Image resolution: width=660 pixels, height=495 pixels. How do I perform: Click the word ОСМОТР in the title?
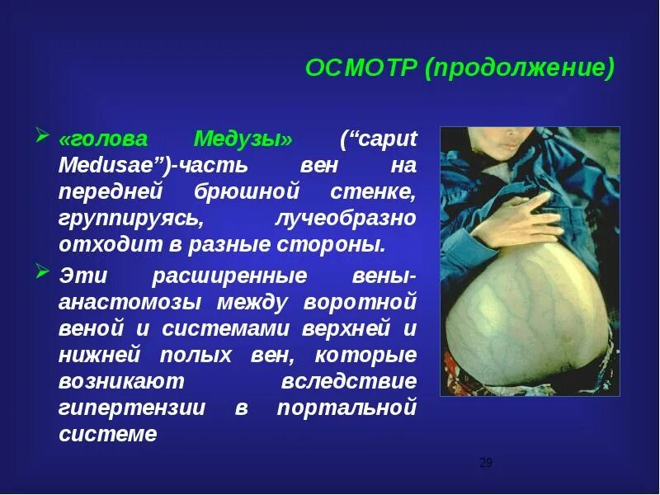coord(361,68)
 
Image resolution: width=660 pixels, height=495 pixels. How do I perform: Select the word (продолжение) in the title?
coord(520,68)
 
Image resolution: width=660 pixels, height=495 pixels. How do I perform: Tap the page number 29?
coord(485,463)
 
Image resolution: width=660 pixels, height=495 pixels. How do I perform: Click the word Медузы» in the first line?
coord(243,138)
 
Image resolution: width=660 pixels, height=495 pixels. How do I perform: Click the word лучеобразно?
coord(344,219)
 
